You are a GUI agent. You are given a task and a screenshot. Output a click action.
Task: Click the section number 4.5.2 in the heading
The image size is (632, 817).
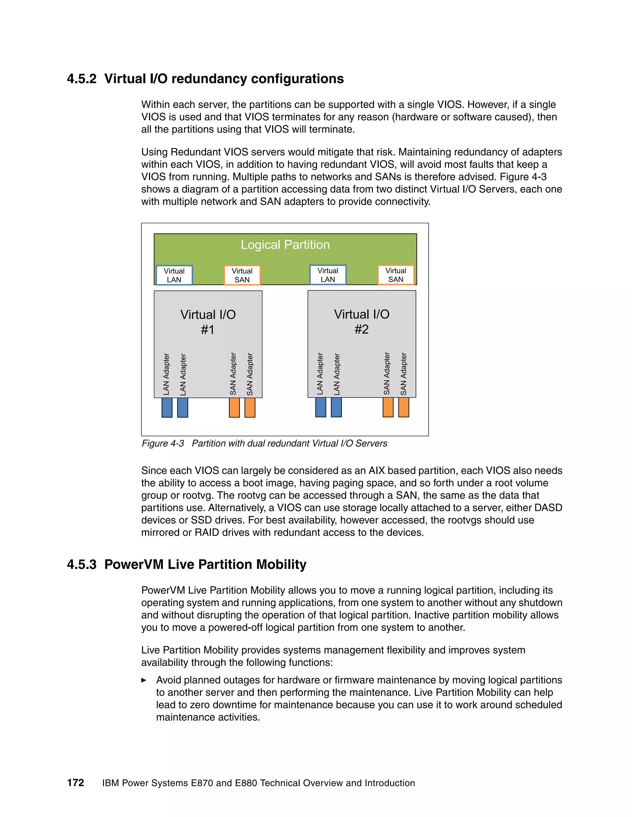pyautogui.click(x=81, y=79)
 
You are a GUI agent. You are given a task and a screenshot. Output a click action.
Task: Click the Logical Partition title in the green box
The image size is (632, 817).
pyautogui.click(x=285, y=245)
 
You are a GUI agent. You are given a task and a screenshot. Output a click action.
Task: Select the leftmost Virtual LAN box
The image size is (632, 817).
pyautogui.click(x=174, y=275)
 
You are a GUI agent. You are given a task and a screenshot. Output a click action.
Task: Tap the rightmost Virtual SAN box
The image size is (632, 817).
pyautogui.click(x=396, y=275)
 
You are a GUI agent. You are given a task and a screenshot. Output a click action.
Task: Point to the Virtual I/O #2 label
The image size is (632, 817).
pyautogui.click(x=362, y=321)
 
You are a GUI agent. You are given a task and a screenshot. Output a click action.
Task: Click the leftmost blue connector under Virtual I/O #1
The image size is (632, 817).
pyautogui.click(x=167, y=407)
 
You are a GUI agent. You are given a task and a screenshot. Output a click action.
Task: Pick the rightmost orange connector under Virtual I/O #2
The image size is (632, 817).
pyautogui.click(x=404, y=407)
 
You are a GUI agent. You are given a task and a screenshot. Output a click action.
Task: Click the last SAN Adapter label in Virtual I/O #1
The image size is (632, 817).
pyautogui.click(x=250, y=374)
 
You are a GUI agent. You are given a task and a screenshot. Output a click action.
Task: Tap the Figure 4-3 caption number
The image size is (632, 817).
pyautogui.click(x=163, y=443)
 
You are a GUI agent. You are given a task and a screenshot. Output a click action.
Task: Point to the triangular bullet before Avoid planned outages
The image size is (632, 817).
pyautogui.click(x=144, y=680)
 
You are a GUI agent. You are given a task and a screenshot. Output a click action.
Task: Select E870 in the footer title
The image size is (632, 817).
pyautogui.click(x=202, y=783)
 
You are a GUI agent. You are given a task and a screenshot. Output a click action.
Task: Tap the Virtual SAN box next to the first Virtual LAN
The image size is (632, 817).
pyautogui.click(x=242, y=275)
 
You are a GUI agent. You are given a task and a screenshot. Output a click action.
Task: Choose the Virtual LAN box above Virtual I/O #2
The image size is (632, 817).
pyautogui.click(x=328, y=275)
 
